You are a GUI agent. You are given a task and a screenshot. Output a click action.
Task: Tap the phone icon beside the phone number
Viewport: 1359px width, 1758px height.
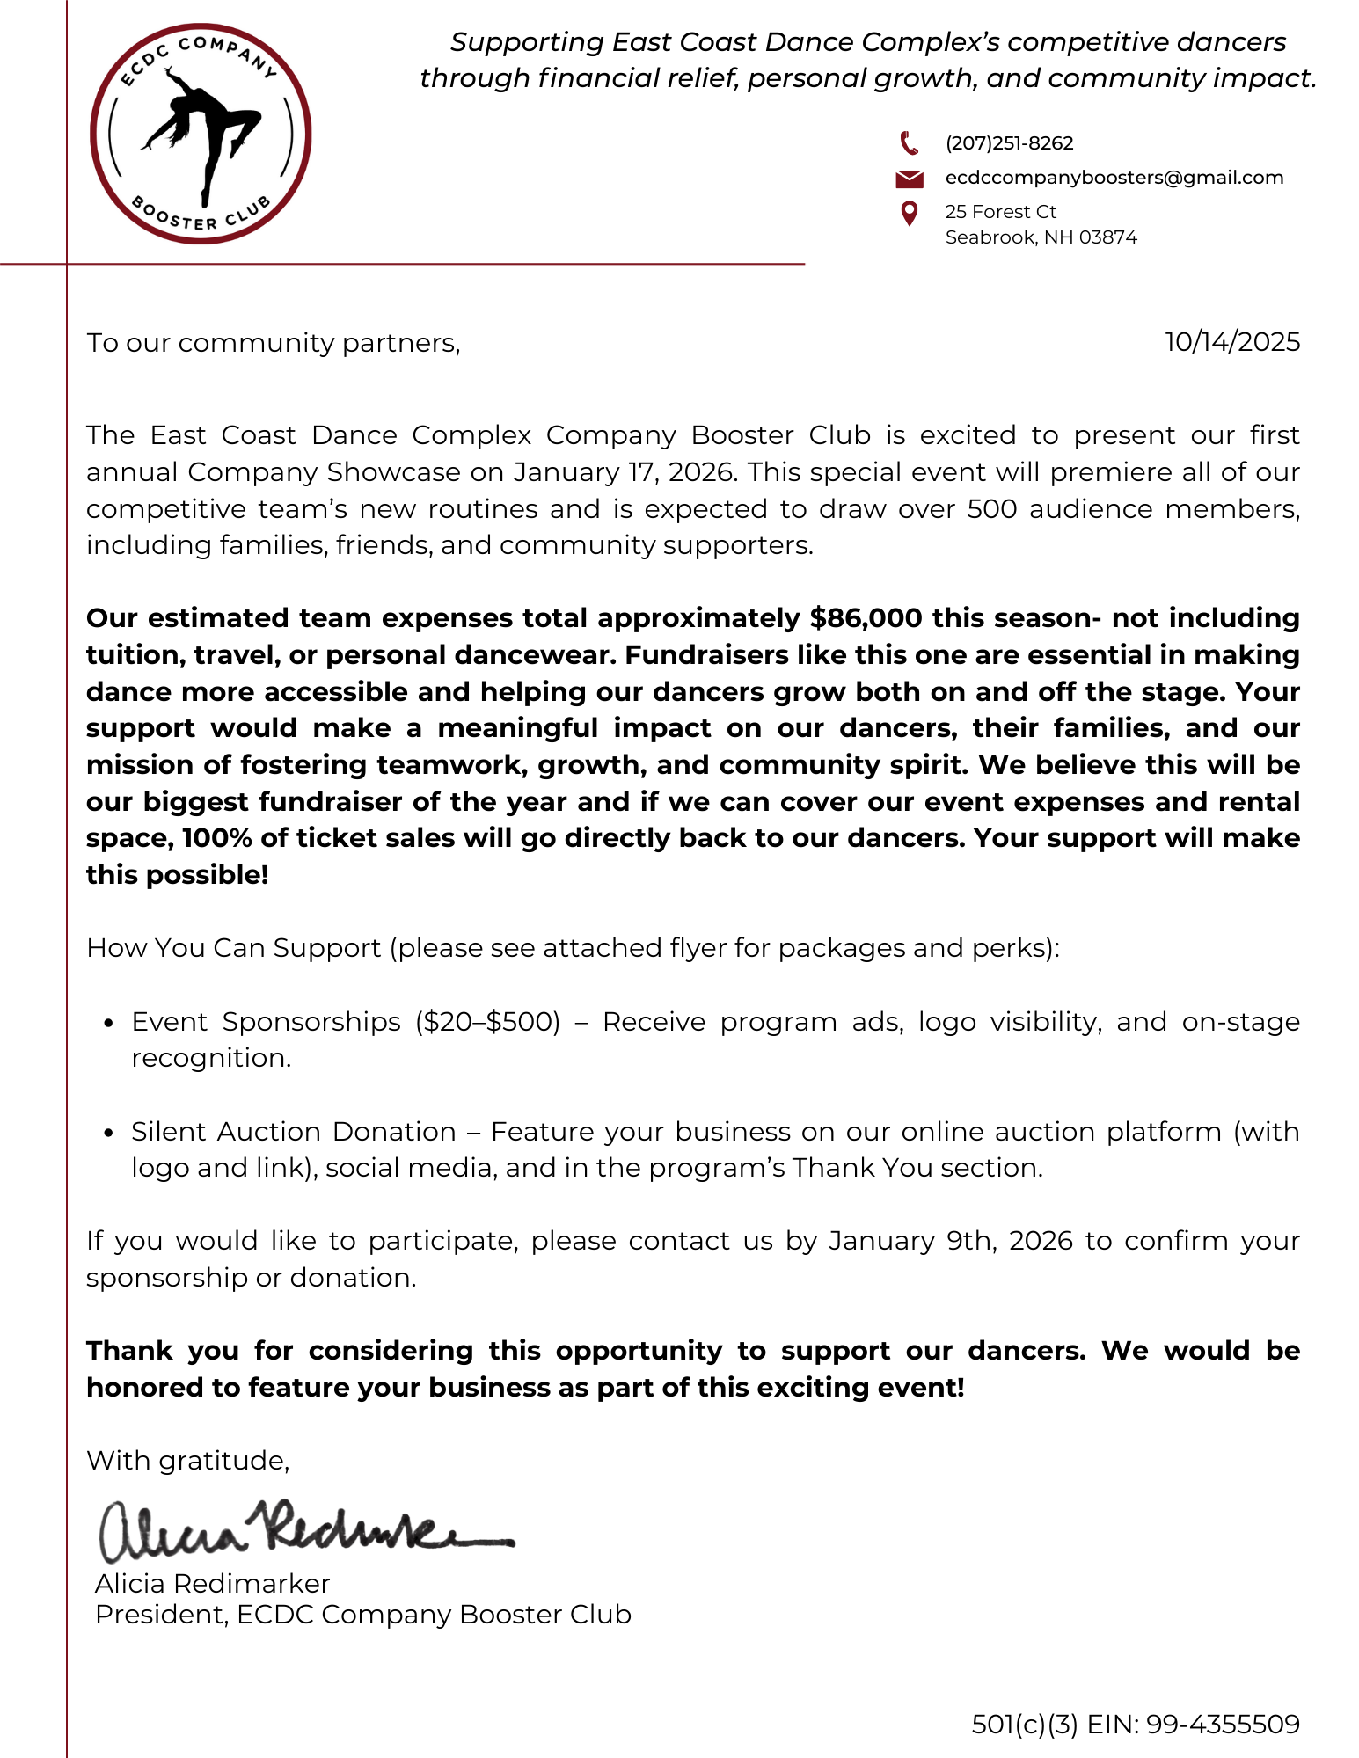(910, 142)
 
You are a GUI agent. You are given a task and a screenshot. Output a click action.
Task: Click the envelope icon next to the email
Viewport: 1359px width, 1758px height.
(910, 179)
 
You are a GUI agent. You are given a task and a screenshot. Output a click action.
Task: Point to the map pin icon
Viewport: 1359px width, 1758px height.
(910, 213)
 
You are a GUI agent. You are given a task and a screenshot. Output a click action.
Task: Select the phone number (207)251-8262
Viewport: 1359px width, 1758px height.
(1009, 143)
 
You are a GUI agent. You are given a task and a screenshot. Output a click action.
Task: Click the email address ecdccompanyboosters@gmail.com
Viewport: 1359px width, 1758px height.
(1114, 178)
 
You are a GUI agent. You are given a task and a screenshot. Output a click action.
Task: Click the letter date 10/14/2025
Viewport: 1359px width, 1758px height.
(1231, 342)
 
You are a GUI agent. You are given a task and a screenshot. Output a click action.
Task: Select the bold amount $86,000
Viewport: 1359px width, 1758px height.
(866, 618)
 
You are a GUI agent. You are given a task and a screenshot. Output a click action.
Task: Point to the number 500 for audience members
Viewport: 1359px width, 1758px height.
(992, 509)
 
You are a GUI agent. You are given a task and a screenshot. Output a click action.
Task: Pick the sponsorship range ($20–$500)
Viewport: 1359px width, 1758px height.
(487, 1022)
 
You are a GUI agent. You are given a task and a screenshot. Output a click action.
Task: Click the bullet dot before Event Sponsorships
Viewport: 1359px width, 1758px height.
(109, 1023)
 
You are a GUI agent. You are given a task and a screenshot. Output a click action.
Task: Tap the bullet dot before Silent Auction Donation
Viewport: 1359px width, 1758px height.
(109, 1133)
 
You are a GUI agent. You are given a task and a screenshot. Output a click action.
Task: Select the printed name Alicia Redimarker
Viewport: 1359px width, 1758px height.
(212, 1584)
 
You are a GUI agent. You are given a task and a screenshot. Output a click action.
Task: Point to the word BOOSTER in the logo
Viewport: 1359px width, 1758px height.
(173, 215)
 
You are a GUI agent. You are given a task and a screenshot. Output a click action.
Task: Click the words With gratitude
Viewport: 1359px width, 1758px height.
(187, 1461)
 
